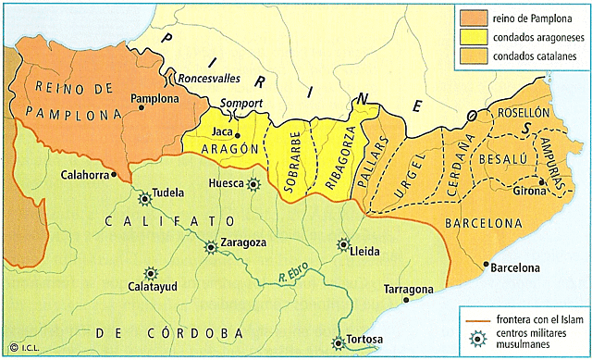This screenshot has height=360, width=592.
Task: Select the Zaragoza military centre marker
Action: click(x=212, y=245)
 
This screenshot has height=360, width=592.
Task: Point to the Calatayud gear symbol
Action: click(x=150, y=274)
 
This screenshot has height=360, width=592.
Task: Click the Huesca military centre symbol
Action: click(x=253, y=185)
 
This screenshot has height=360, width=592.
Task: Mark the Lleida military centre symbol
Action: click(x=344, y=245)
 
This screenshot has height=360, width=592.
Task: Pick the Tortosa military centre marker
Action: click(x=339, y=342)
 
